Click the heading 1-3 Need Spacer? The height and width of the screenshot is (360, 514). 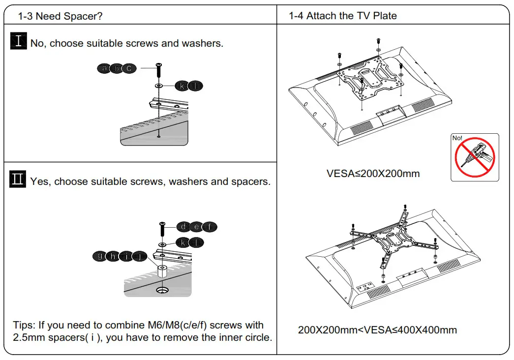click(x=60, y=16)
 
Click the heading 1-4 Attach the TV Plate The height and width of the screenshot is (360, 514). click(x=343, y=16)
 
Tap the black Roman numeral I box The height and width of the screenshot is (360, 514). click(x=19, y=41)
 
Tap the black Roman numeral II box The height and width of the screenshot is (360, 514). click(x=18, y=180)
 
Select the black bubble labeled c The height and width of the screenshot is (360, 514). click(x=129, y=69)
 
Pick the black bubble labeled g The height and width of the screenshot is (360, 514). click(x=100, y=256)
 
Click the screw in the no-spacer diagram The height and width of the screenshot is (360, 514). click(x=159, y=70)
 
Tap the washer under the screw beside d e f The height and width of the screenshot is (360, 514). click(x=162, y=243)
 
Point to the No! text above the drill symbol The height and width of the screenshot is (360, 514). click(x=457, y=138)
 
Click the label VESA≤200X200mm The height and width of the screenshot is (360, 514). click(x=373, y=174)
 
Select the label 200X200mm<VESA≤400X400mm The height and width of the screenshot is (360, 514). click(x=377, y=330)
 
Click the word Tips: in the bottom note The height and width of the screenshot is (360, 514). click(x=25, y=326)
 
